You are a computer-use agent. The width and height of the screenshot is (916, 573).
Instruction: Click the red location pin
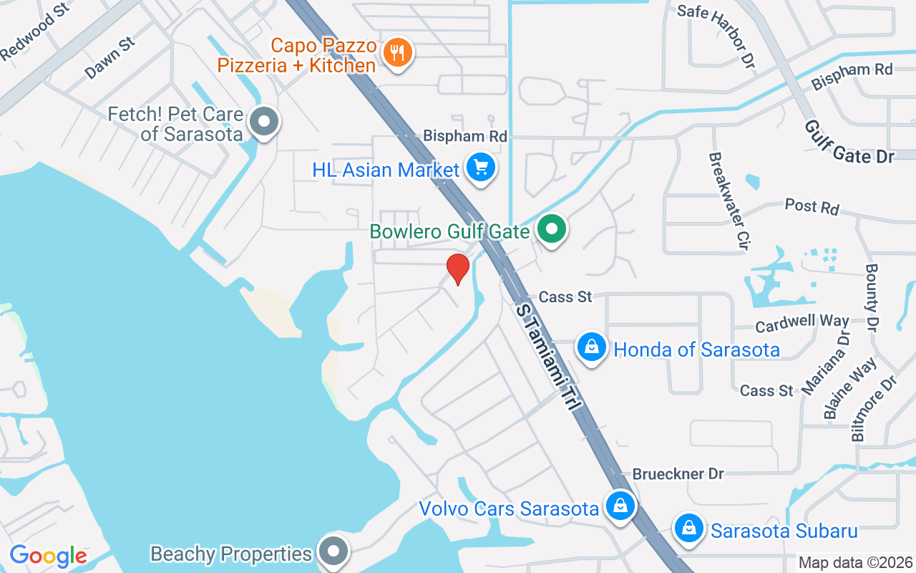(458, 268)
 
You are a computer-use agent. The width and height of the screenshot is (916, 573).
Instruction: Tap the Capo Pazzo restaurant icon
(396, 52)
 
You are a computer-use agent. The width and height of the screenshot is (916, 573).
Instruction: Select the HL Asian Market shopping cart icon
(481, 168)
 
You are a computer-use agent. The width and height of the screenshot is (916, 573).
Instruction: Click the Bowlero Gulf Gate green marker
(552, 231)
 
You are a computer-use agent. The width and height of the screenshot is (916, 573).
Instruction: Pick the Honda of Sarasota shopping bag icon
(592, 348)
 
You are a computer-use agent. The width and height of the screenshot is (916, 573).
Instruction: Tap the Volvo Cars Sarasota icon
(620, 506)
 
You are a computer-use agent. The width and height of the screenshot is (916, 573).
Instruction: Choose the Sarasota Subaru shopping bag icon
(688, 529)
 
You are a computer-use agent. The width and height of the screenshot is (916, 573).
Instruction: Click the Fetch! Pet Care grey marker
(264, 122)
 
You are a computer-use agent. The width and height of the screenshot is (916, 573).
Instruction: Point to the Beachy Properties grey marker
(333, 552)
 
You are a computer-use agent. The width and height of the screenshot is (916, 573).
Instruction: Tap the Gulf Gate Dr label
(848, 142)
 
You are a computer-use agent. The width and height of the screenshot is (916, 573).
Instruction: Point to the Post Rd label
(812, 206)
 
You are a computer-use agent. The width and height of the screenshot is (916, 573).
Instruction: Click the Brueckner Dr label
(678, 473)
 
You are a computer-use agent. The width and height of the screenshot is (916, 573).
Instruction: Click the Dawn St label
(109, 58)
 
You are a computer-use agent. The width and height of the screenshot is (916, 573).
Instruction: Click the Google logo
(48, 556)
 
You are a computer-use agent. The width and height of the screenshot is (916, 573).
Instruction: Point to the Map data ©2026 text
(855, 563)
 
